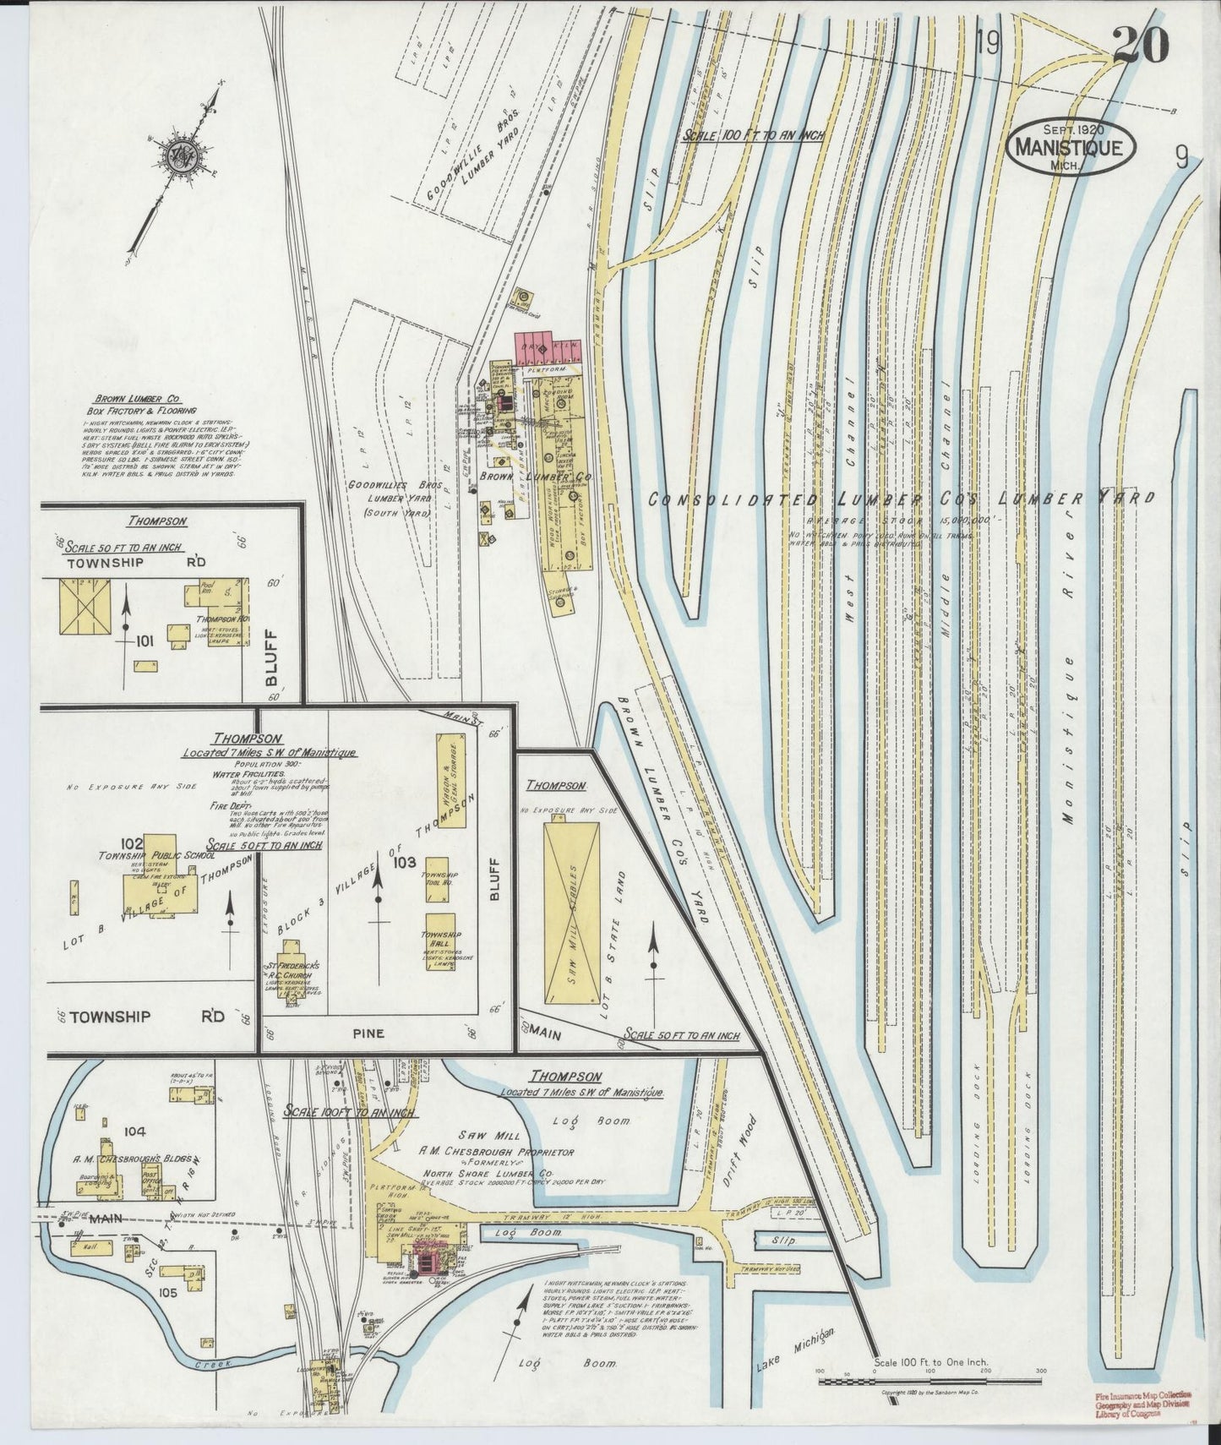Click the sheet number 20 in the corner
pos(1140,46)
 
